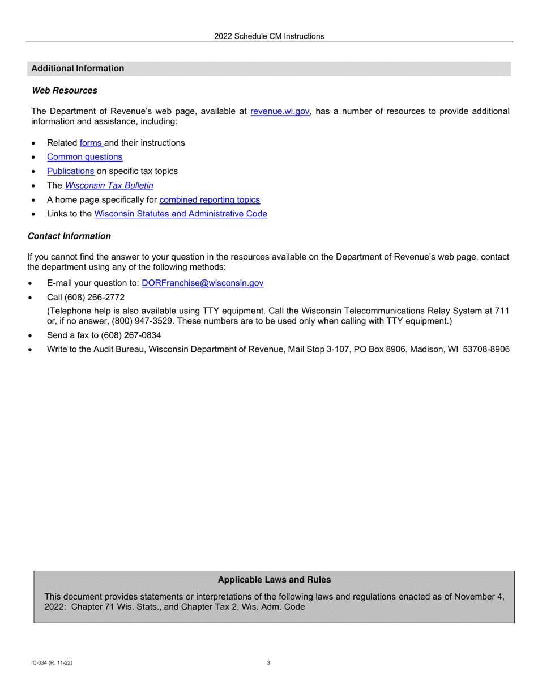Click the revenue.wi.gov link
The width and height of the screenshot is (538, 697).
click(280, 112)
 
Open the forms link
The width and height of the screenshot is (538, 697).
click(90, 143)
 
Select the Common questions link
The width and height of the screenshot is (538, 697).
click(84, 157)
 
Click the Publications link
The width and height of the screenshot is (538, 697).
click(70, 171)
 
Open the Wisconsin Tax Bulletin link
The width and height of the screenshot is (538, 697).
click(109, 185)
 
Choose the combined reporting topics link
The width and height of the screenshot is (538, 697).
click(210, 199)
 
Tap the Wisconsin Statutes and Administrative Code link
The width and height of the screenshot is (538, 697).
click(180, 214)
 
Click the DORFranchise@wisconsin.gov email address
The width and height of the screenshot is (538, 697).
click(202, 283)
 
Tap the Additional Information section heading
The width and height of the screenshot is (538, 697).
click(78, 69)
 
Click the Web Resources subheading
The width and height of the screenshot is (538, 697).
click(64, 91)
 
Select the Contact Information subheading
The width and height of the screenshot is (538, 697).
click(69, 236)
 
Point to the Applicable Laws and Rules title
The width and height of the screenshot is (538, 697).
click(274, 580)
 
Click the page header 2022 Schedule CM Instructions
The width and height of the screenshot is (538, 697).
click(269, 36)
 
